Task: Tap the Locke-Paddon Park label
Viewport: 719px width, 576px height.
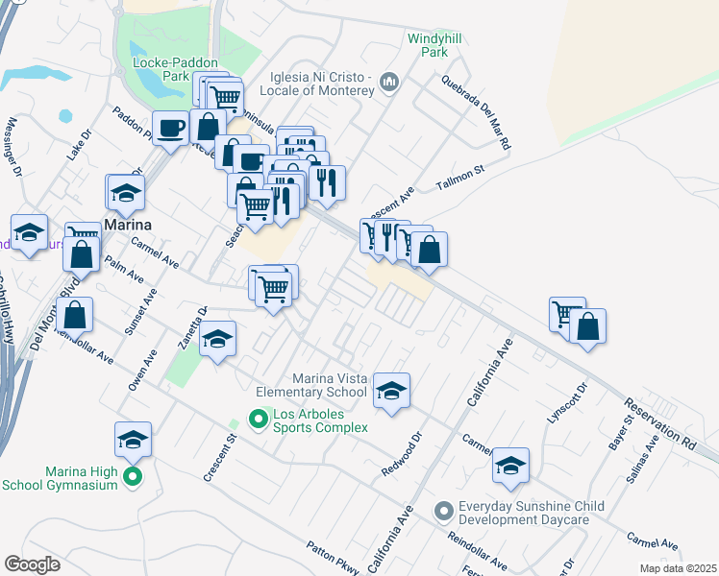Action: click(161, 68)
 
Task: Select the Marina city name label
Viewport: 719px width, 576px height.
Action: click(133, 226)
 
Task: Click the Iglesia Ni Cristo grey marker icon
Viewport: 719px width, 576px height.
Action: click(389, 83)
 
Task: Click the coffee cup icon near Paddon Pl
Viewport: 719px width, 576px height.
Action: click(172, 128)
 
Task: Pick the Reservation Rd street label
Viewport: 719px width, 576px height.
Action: click(658, 421)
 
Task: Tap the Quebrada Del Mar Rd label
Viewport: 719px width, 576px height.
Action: click(474, 111)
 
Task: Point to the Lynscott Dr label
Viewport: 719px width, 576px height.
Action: click(576, 404)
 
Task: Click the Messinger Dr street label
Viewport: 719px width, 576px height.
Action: click(14, 149)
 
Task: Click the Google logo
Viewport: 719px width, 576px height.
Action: click(32, 564)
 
